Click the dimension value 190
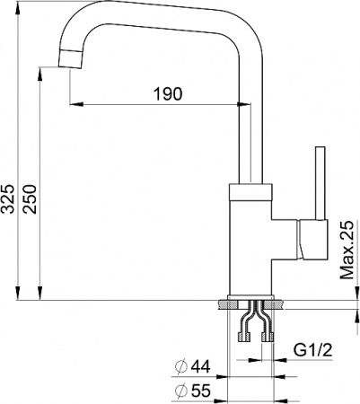point(168,93)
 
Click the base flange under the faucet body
point(252,303)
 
